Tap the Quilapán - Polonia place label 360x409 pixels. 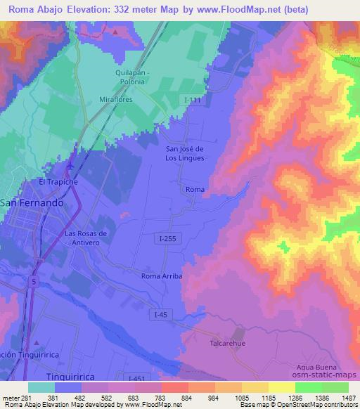127,77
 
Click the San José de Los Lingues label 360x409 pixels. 184,153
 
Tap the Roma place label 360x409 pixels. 194,190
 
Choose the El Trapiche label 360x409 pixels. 58,181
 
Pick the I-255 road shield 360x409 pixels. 167,239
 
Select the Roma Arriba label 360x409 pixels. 162,276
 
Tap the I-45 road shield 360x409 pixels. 161,317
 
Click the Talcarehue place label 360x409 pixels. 226,344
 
